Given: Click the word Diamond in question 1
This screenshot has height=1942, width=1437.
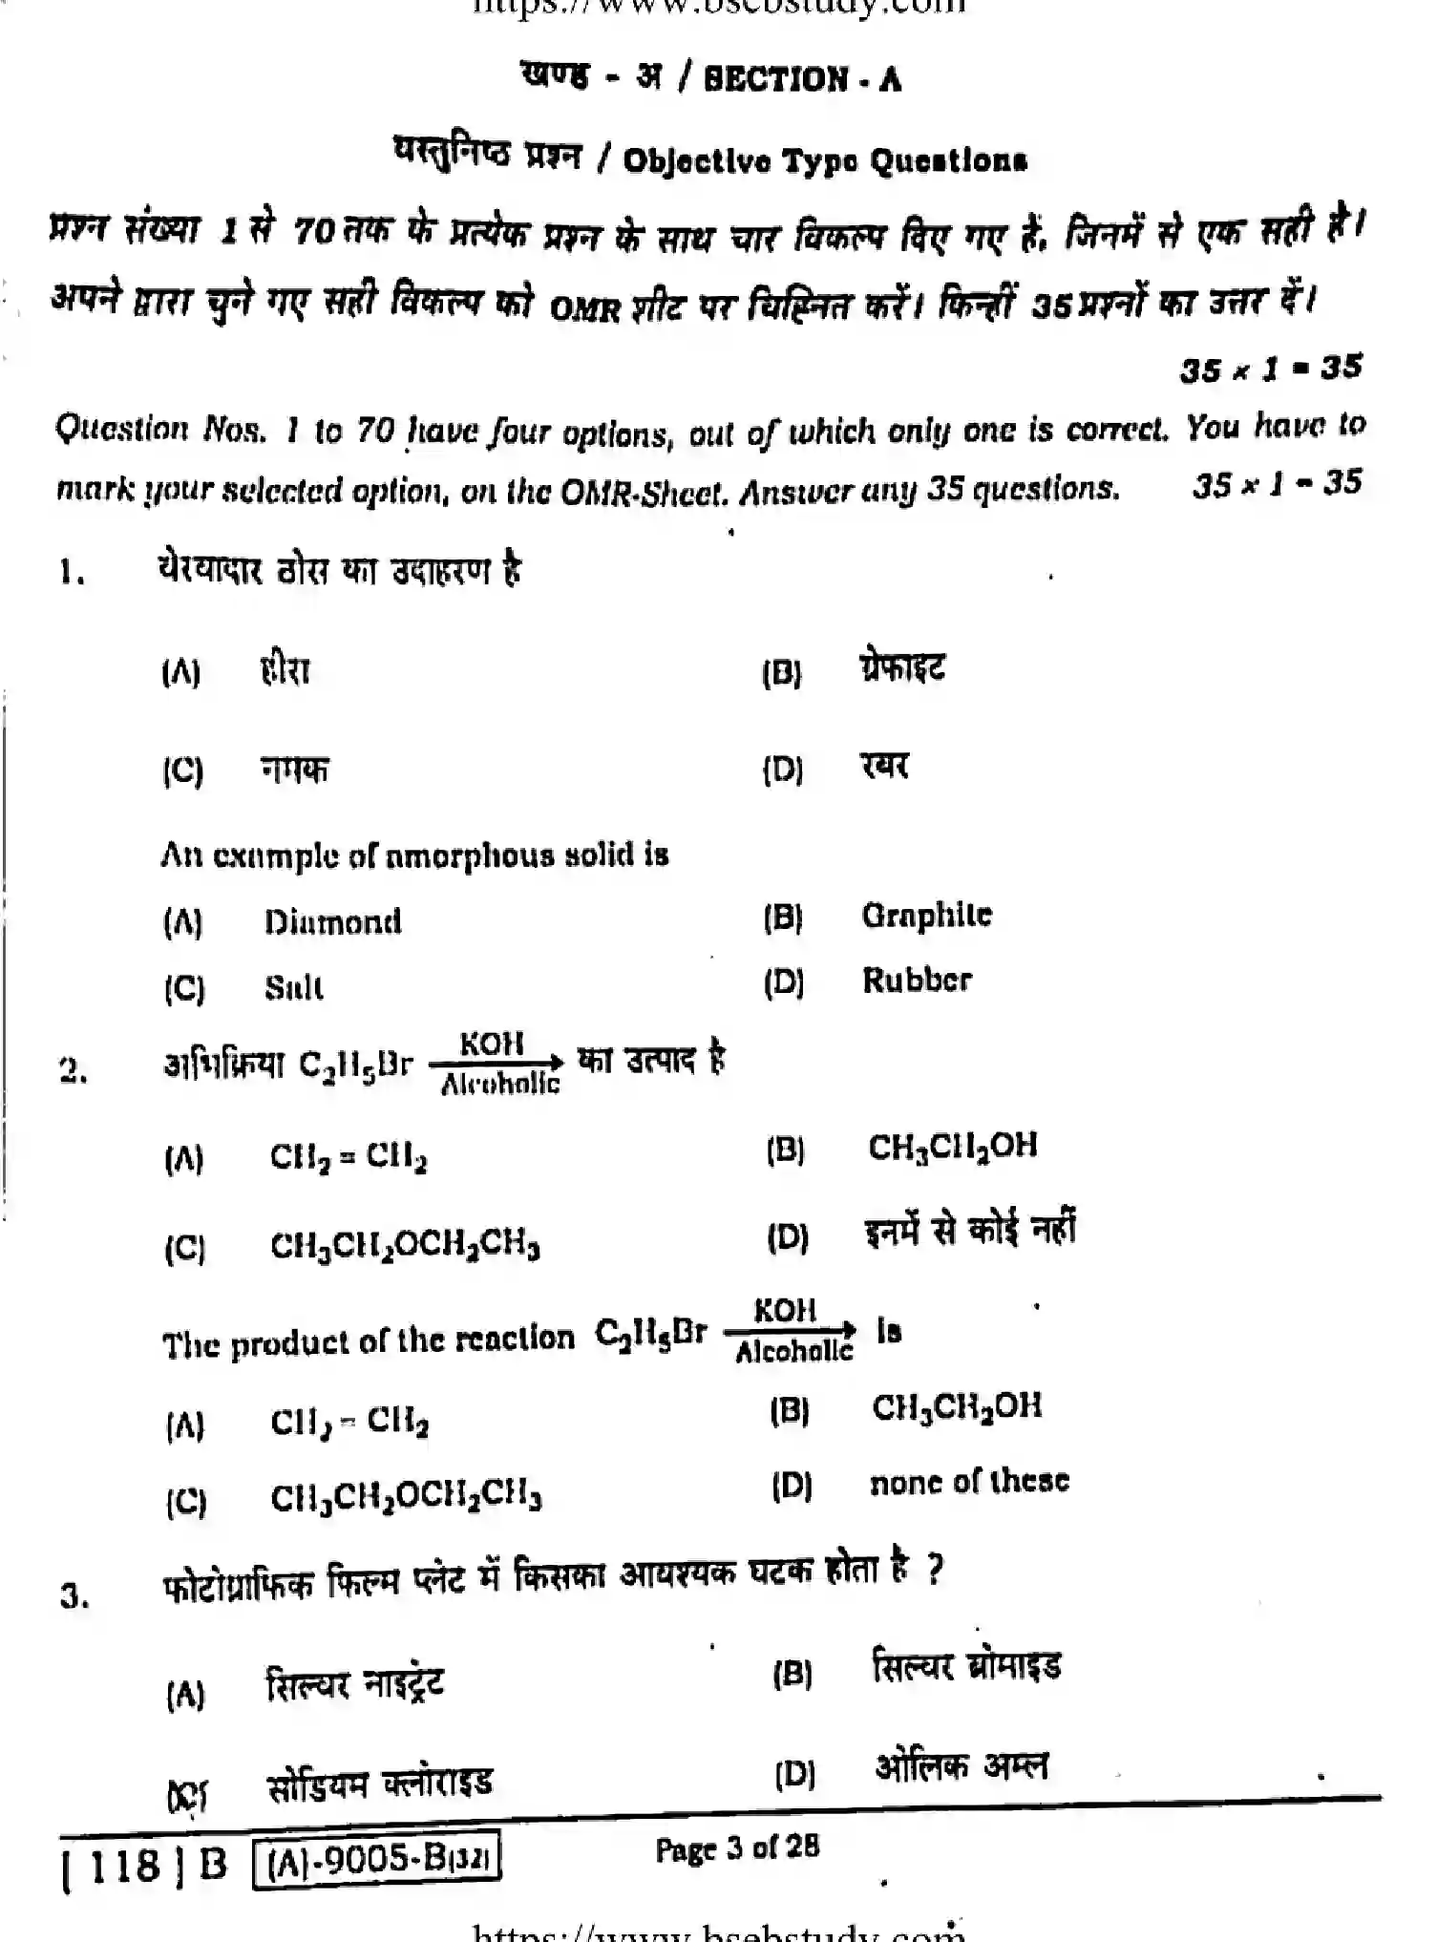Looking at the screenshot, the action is coord(332,922).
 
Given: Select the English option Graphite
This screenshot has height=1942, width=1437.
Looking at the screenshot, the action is coord(926,916).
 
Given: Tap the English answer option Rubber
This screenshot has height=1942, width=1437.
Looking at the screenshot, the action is coord(917,981).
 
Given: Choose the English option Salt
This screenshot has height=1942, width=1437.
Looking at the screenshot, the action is coord(293,987).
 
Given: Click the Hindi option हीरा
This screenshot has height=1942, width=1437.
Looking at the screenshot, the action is coord(285,670).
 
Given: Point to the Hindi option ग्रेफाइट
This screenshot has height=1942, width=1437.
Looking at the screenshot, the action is coord(901,667).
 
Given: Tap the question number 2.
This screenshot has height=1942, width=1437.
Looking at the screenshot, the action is coord(74,1071).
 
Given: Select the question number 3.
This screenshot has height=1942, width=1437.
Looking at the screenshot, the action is coord(74,1595).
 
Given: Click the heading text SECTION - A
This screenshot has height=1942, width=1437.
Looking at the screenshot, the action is coord(802,79).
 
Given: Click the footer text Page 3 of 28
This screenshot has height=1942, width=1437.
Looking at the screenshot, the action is coord(736,1847).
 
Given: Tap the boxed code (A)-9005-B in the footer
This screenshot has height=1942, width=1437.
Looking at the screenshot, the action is coord(376,1860).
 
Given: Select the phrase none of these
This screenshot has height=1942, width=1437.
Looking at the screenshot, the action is coord(969,1482).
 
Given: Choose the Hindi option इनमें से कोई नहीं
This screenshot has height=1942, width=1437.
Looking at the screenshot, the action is coord(970,1232).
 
